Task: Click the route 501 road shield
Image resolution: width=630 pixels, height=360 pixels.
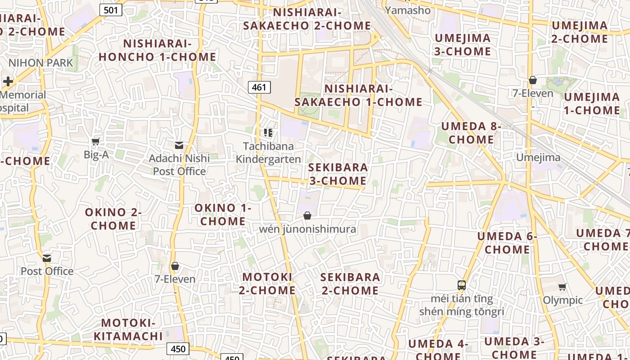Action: (x=111, y=9)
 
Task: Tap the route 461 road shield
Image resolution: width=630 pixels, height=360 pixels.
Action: (x=259, y=87)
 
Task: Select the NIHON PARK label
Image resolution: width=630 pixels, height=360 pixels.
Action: (x=40, y=63)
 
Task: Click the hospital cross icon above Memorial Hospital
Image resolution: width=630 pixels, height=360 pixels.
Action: (x=8, y=81)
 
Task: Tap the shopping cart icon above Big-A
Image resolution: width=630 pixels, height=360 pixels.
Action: (x=96, y=142)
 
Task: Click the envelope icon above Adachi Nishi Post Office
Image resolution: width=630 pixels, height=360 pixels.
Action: (x=179, y=145)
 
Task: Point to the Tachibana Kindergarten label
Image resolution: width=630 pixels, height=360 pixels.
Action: (x=268, y=153)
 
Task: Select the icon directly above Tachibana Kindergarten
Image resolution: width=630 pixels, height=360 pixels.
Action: (x=268, y=133)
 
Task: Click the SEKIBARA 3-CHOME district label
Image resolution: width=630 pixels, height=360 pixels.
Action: (x=338, y=174)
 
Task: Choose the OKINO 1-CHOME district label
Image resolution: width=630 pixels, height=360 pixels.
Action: (x=223, y=215)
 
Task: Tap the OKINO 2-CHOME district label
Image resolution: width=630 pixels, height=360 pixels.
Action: (x=113, y=219)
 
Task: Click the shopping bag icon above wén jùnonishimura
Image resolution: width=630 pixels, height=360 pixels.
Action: (x=307, y=216)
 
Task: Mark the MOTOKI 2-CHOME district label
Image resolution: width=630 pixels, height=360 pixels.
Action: (x=267, y=283)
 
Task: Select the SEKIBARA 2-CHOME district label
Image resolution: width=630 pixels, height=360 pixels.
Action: (x=350, y=283)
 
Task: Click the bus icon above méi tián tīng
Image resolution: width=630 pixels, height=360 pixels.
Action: (x=462, y=285)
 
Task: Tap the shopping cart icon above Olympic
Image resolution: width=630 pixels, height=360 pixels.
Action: (x=562, y=287)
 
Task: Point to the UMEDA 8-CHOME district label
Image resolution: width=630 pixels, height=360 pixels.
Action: (x=471, y=133)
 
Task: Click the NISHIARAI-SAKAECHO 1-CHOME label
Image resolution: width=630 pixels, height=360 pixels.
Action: (x=359, y=95)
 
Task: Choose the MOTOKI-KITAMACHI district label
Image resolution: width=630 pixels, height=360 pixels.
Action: (x=128, y=329)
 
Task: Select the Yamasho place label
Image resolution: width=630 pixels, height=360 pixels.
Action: (x=408, y=9)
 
